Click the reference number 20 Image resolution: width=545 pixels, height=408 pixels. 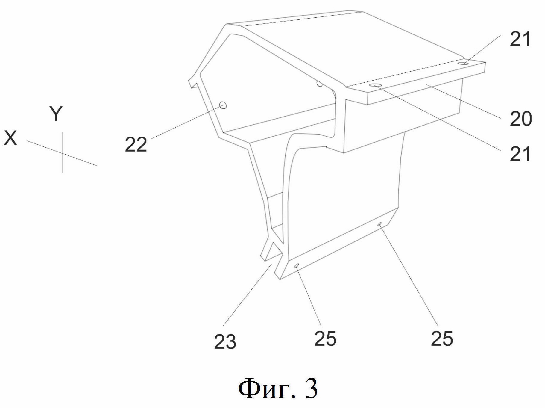click(x=520, y=118)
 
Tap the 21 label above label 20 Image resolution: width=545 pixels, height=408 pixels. click(x=520, y=39)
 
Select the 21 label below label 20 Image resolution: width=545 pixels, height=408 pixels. click(x=520, y=154)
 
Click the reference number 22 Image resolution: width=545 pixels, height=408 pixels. click(x=136, y=144)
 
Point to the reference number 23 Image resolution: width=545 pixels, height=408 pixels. click(x=225, y=342)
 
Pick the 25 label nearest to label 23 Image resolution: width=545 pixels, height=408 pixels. click(x=325, y=339)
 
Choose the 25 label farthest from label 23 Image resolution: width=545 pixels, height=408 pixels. click(x=442, y=339)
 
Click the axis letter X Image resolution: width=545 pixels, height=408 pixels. click(x=10, y=138)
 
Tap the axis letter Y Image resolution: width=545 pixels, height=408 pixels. click(x=56, y=114)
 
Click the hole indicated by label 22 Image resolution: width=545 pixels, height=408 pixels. click(x=223, y=105)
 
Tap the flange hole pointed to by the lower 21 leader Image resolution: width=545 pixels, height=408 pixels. click(x=376, y=86)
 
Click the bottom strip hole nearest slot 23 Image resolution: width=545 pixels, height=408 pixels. click(x=297, y=265)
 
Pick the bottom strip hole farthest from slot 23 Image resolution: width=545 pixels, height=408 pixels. click(x=379, y=224)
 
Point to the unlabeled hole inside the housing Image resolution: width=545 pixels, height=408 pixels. click(x=320, y=84)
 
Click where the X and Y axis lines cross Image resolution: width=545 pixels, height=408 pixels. click(x=62, y=153)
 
